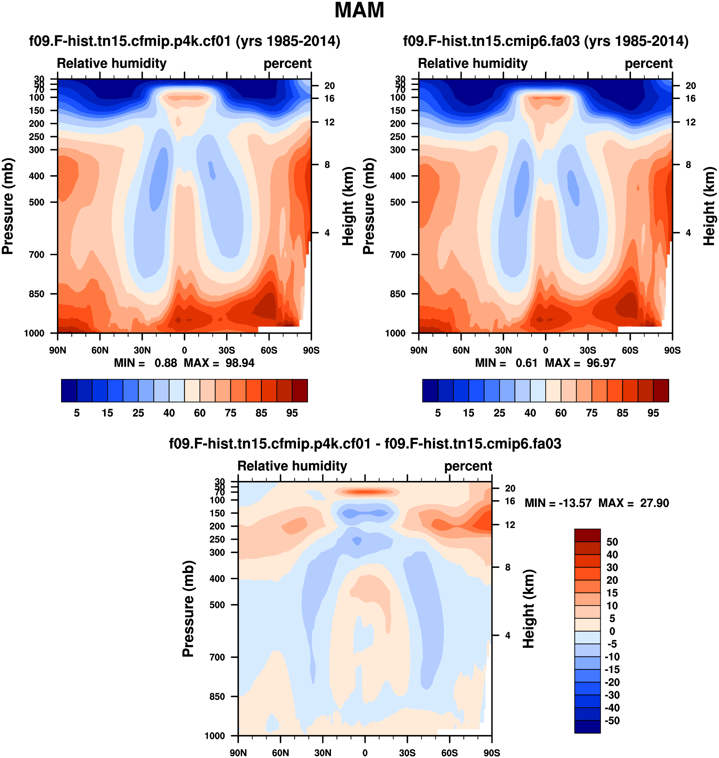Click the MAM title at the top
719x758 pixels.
tap(359, 10)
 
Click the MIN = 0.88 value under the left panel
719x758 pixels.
tap(146, 363)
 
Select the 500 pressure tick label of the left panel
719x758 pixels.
tap(37, 202)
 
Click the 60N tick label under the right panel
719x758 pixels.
tap(461, 350)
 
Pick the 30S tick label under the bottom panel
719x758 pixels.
tap(407, 753)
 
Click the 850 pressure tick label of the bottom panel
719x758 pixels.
tap(217, 696)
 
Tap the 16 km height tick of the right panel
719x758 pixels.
tap(691, 99)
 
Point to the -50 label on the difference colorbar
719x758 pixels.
tap(612, 720)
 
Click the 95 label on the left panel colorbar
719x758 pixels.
tap(292, 413)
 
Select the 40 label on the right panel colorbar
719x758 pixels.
tap(530, 413)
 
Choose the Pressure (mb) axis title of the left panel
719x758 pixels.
tap(8, 206)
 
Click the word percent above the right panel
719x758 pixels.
tap(648, 64)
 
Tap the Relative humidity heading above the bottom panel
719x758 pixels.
tap(292, 466)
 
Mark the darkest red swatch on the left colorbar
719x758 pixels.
tap(300, 391)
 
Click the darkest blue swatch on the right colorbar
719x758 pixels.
tap(430, 391)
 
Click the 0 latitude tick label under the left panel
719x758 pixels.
tap(184, 350)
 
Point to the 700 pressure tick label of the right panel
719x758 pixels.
tap(398, 254)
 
